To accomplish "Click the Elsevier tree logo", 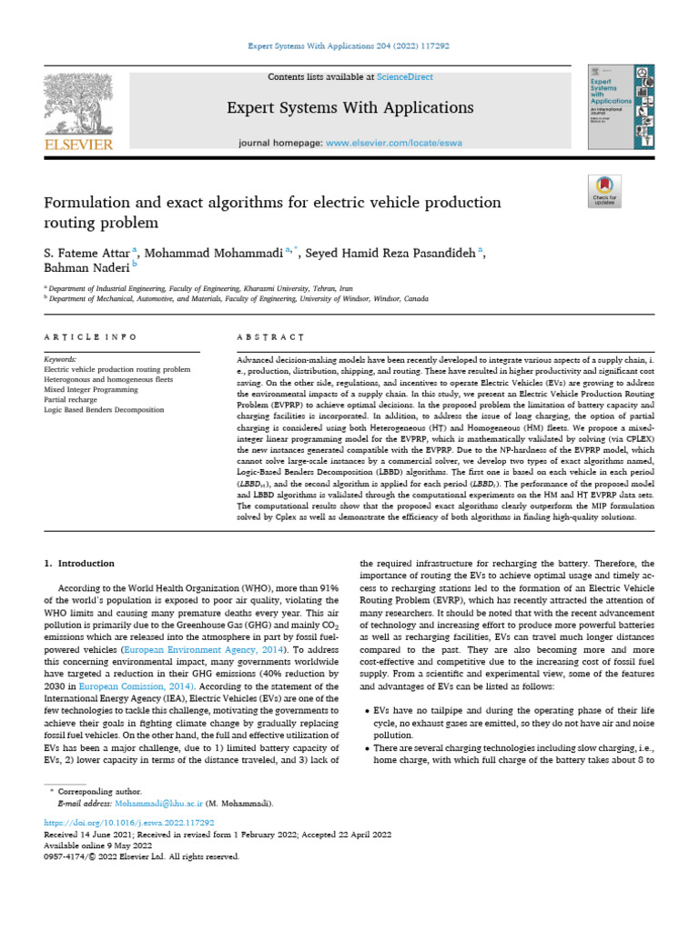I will (x=77, y=104).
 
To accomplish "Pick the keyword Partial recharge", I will (x=73, y=400).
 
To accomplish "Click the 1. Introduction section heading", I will (x=80, y=564).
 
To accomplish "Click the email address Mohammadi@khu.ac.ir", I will (x=156, y=805).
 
